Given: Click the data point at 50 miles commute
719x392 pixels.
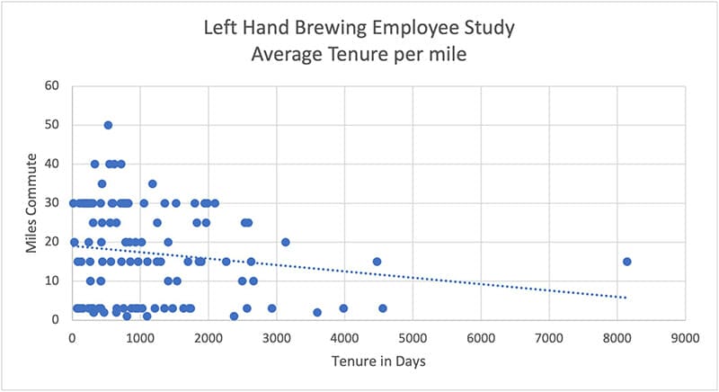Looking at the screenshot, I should pos(108,125).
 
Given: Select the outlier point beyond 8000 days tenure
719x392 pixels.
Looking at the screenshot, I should pos(626,262).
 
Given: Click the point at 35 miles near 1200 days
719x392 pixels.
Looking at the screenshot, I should pos(152,183).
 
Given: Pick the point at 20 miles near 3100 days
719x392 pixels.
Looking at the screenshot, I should pos(285,242).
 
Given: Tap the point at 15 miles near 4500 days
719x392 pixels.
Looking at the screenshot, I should pos(377,262).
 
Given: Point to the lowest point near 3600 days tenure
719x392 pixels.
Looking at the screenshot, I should pos(317,312).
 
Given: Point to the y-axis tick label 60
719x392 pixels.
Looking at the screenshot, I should pos(52,86).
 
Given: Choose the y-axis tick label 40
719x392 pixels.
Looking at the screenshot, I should pos(52,164).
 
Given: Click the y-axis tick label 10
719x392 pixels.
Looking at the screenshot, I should pos(52,281).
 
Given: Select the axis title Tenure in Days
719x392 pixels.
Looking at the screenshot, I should pos(377,362).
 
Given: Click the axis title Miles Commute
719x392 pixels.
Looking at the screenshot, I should pos(31,202).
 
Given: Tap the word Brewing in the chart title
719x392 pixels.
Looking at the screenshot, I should pos(342,28).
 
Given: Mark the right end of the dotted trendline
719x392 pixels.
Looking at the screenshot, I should pos(626,297).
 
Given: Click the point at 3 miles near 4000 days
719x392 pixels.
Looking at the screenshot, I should pos(343,308).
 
